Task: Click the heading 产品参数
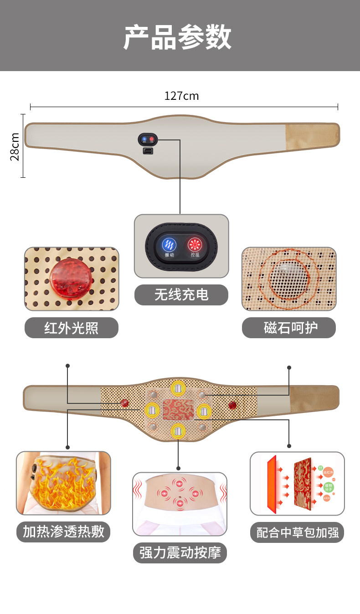[x=178, y=37]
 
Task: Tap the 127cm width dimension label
[x=181, y=96]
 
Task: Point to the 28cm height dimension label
[x=15, y=146]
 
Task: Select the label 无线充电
[x=181, y=295]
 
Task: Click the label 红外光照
[x=71, y=328]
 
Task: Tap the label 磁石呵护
[x=288, y=328]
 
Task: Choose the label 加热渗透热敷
[x=63, y=531]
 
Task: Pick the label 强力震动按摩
[x=180, y=553]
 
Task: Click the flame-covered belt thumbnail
[x=63, y=483]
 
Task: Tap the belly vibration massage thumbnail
[x=180, y=504]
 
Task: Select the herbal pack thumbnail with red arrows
[x=297, y=484]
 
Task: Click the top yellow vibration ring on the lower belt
[x=178, y=389]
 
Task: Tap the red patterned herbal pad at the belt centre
[x=177, y=409]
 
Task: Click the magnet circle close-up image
[x=288, y=279]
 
